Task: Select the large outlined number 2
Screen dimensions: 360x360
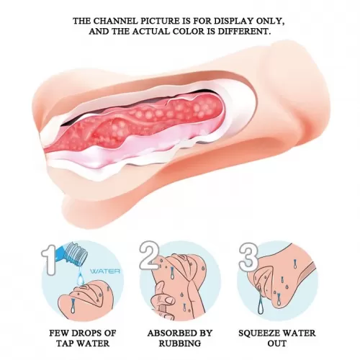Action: [x=149, y=254]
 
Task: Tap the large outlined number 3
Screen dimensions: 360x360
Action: [x=248, y=254]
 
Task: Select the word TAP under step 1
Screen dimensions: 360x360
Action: [x=66, y=343]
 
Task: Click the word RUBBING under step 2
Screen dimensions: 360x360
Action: [x=180, y=343]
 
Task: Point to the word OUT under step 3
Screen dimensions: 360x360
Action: [x=277, y=343]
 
